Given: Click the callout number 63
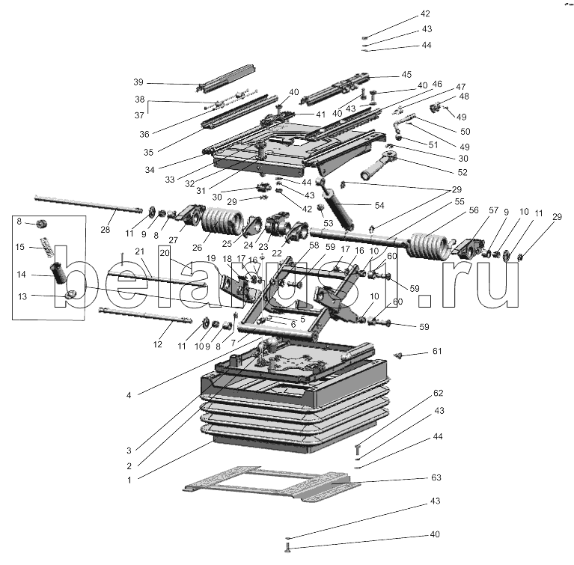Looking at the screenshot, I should (437, 477).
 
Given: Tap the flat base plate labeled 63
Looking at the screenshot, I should (269, 483).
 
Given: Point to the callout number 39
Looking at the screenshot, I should (138, 82).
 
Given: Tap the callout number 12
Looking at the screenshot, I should (158, 345).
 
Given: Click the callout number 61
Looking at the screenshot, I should (437, 352).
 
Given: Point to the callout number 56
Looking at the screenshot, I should (474, 212).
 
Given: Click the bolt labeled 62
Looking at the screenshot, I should (358, 449).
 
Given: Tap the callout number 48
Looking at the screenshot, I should (464, 97).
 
